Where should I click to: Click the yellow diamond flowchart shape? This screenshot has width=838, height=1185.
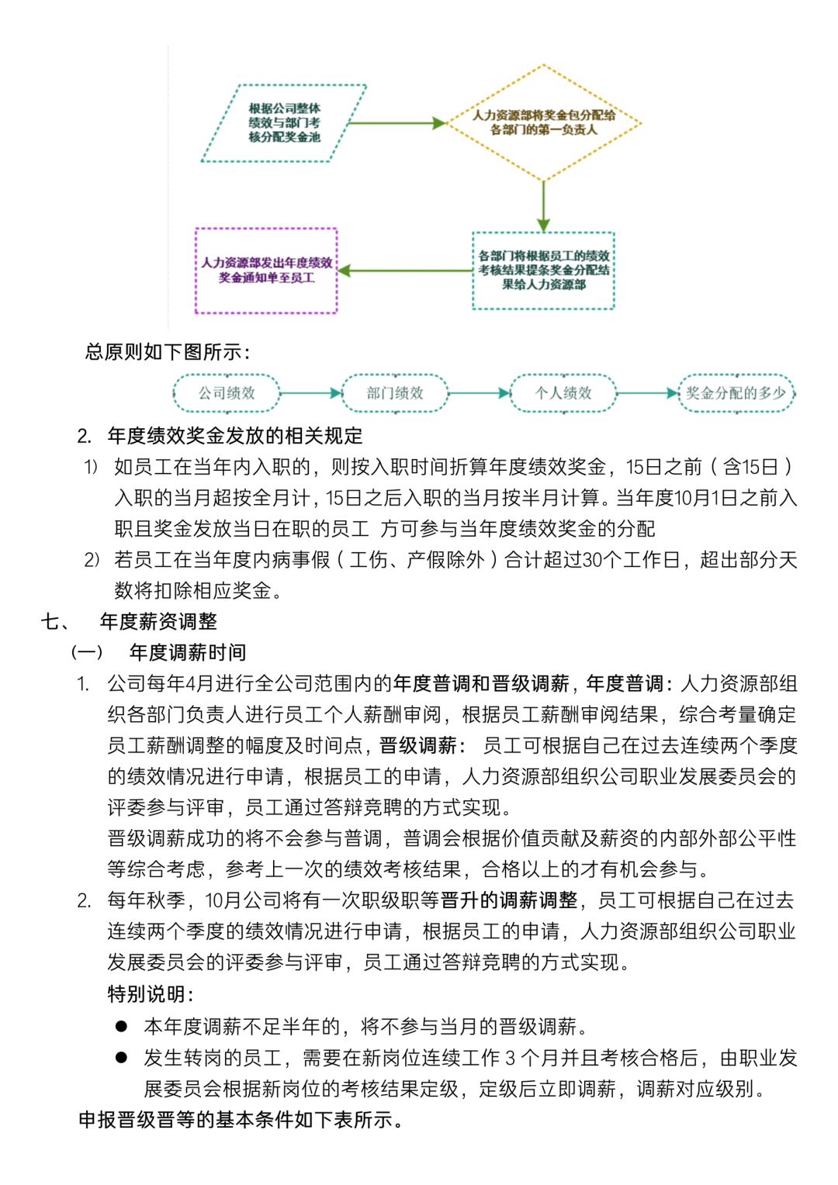tap(543, 123)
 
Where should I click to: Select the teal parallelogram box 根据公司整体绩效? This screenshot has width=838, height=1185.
tap(284, 123)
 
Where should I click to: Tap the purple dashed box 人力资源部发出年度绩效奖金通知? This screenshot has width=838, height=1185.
tap(266, 270)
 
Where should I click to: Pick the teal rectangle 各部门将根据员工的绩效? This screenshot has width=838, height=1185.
tap(543, 270)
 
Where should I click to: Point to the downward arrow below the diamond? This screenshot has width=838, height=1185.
tap(543, 206)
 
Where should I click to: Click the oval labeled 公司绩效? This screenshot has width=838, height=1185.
tap(227, 393)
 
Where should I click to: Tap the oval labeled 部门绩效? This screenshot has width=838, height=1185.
tap(395, 393)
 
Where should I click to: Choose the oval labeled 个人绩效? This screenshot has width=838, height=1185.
tap(563, 393)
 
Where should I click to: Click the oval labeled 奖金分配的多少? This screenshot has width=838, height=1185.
tap(736, 393)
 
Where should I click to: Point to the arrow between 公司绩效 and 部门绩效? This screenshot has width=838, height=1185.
tap(310, 393)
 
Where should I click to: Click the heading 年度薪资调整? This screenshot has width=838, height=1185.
tap(158, 621)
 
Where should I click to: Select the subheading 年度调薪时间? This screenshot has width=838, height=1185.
tap(188, 652)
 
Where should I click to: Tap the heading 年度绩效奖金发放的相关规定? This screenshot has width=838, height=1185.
tap(235, 436)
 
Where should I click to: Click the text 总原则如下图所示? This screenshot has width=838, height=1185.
tap(168, 352)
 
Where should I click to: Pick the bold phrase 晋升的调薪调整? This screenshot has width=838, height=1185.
tap(509, 900)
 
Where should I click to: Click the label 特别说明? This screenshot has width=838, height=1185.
tap(151, 993)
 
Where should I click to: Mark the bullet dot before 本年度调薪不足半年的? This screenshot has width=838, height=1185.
tap(121, 1026)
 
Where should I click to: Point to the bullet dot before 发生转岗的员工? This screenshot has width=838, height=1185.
tap(121, 1057)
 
